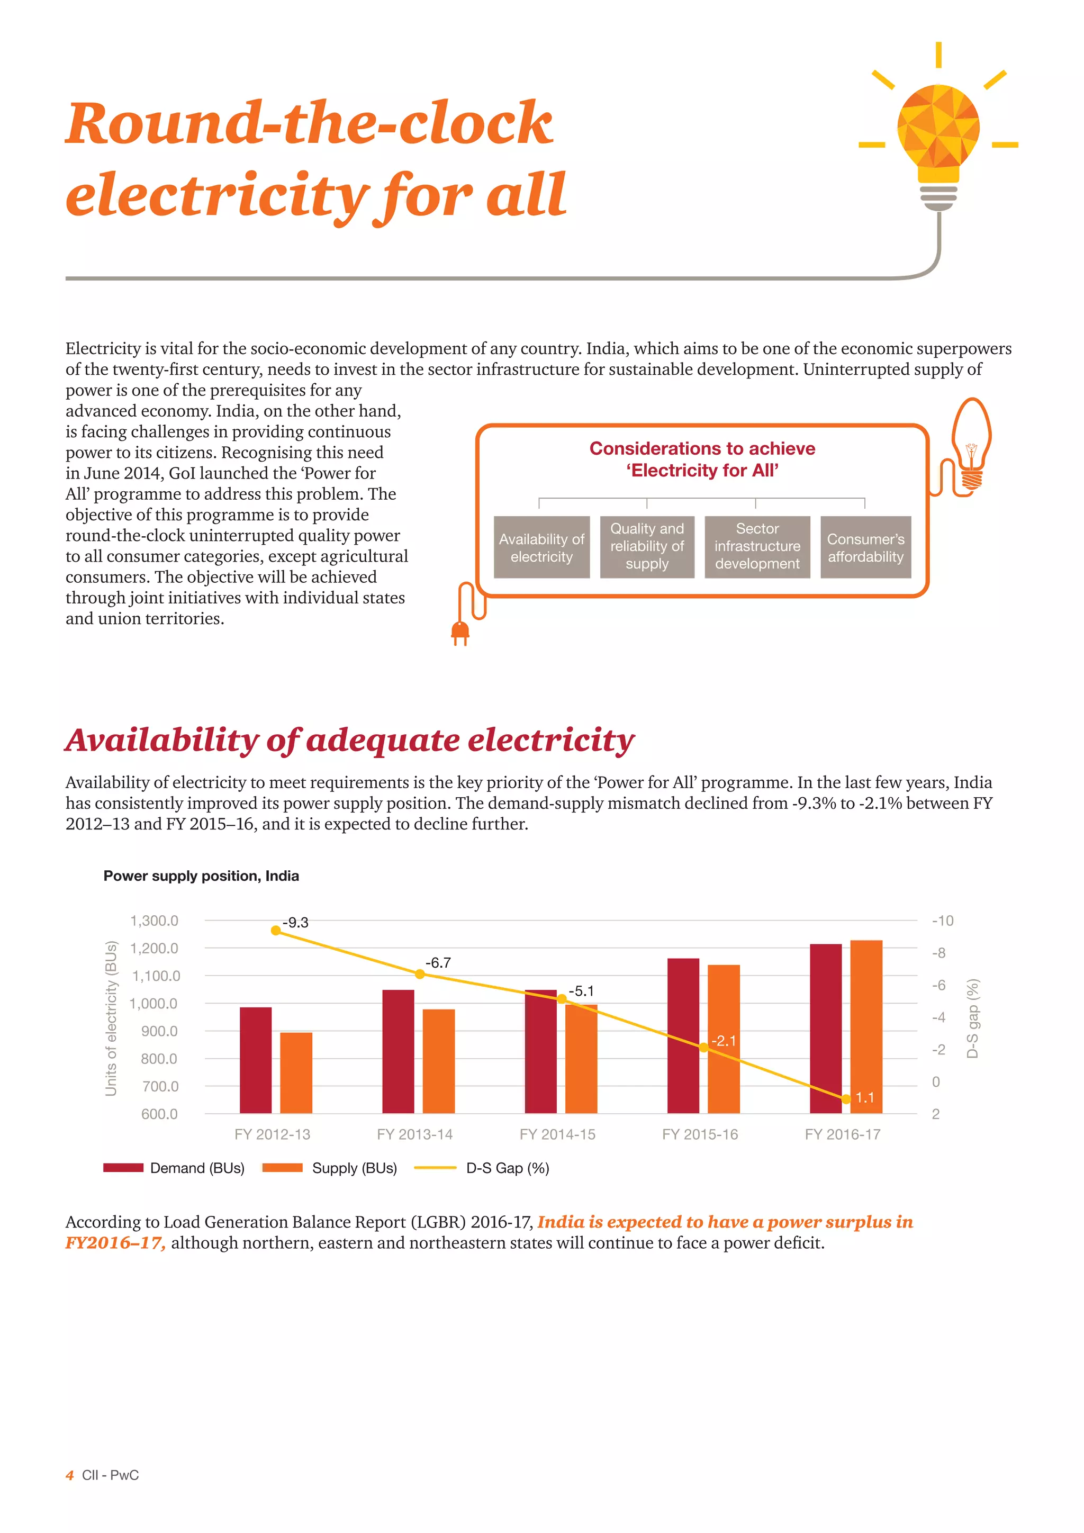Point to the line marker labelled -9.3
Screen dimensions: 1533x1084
276,931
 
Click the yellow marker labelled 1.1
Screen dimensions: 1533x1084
846,1099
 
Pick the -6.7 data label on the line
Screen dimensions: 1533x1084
438,963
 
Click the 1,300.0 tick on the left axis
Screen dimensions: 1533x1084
154,921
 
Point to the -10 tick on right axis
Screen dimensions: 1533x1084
943,921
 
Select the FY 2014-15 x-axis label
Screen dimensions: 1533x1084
557,1134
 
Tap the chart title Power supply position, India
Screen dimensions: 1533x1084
201,876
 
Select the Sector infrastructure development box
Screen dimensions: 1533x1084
757,547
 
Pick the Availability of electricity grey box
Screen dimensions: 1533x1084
541,547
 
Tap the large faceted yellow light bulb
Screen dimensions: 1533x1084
938,130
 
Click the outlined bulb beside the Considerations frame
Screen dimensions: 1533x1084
971,444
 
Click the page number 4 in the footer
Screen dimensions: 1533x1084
69,1475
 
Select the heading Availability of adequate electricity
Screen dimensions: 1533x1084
349,740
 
